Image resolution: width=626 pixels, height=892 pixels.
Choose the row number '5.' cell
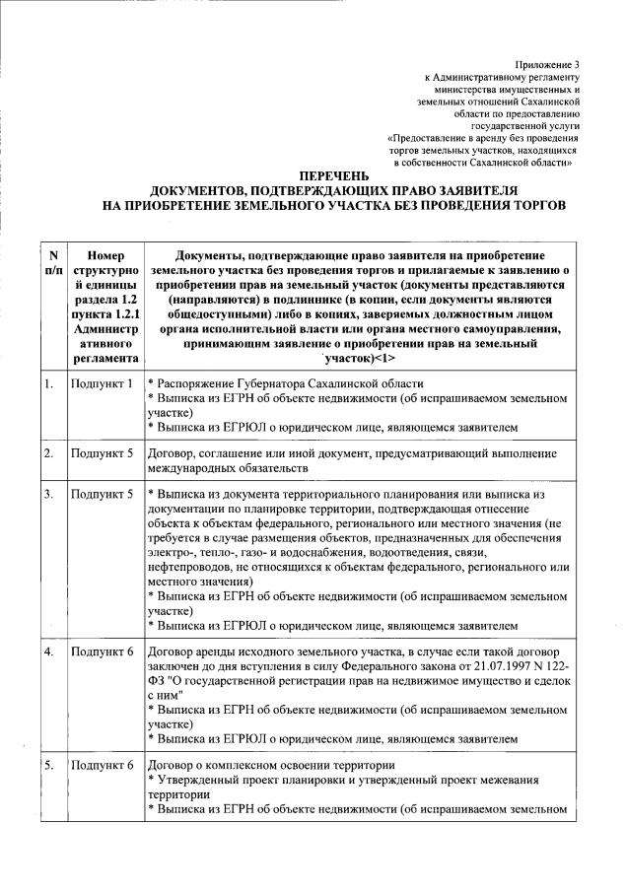pos(47,765)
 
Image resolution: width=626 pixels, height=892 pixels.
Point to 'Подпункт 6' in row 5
pos(102,765)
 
